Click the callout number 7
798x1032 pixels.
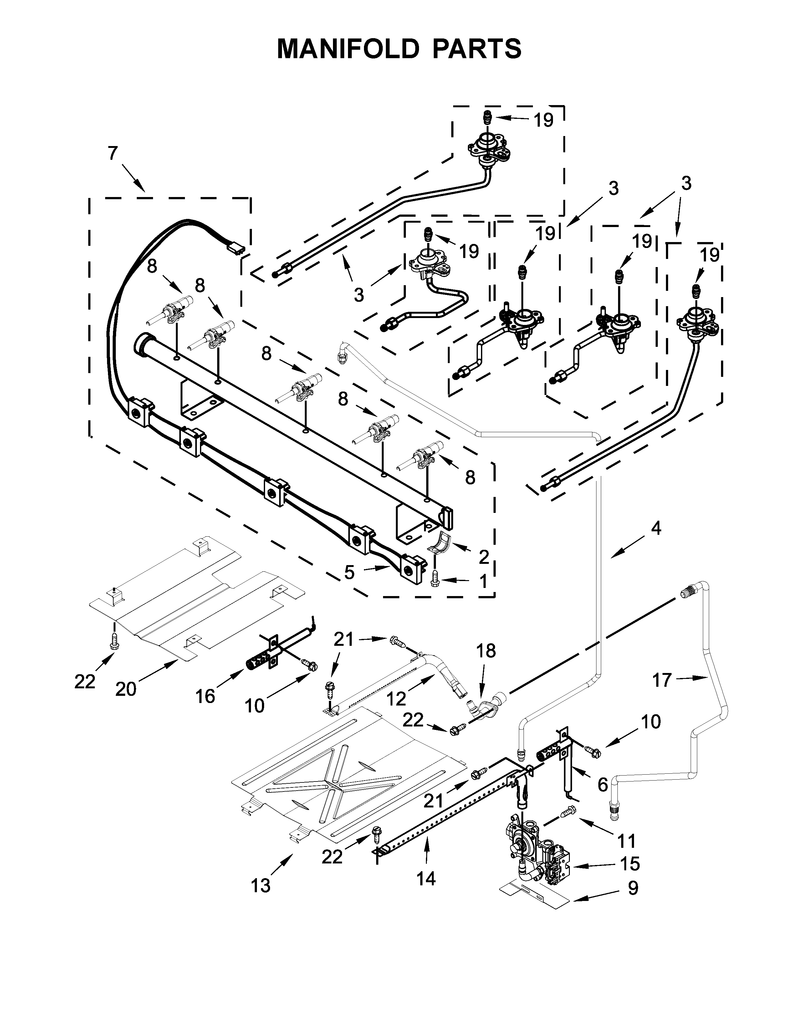click(113, 154)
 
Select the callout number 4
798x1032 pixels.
click(656, 529)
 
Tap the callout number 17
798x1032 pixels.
click(661, 680)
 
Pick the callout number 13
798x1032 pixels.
click(260, 886)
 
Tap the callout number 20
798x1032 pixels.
click(126, 690)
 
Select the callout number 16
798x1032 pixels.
click(206, 696)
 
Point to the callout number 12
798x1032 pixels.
click(396, 699)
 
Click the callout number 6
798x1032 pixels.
click(602, 785)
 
